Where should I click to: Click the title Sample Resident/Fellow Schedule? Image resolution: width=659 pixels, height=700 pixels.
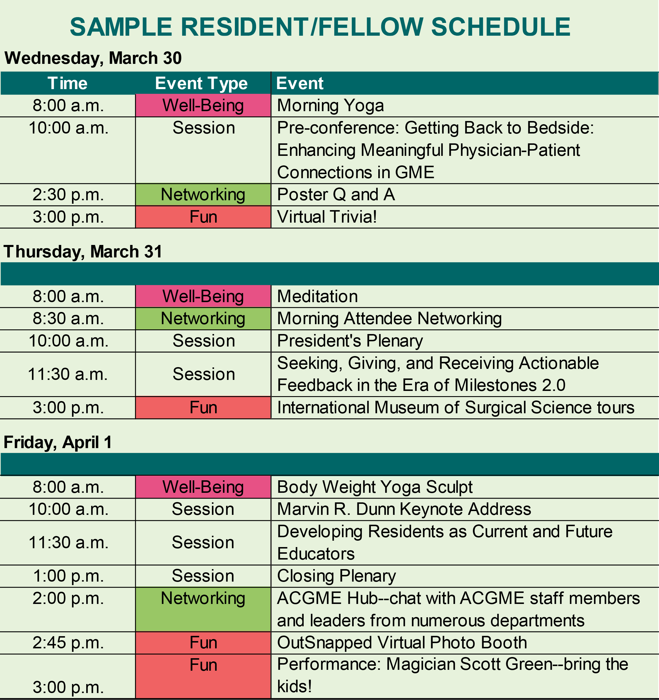tap(320, 27)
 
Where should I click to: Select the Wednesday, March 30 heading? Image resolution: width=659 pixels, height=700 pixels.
tap(93, 58)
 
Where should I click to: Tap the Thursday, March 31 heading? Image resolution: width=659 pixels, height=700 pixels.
tap(83, 251)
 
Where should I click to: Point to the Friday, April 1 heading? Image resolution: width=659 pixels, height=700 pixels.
tap(58, 442)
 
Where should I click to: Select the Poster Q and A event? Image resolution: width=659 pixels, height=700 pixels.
tap(336, 194)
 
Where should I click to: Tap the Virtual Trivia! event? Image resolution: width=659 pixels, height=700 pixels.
tap(327, 217)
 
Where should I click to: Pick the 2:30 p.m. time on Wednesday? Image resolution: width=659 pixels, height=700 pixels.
tap(68, 195)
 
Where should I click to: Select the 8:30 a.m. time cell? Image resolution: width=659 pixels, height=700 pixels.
tap(68, 318)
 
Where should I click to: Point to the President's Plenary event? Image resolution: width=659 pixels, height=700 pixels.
tap(350, 341)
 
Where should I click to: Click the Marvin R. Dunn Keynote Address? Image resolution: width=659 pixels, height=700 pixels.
tap(404, 509)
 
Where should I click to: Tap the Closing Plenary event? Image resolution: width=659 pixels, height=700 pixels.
tap(336, 576)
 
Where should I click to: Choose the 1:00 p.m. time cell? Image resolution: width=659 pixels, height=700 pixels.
tap(68, 576)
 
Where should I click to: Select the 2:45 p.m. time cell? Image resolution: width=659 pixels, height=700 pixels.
tap(68, 643)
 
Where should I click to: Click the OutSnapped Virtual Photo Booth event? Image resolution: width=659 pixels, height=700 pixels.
tap(402, 643)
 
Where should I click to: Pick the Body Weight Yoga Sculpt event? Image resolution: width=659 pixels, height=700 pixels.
tap(375, 487)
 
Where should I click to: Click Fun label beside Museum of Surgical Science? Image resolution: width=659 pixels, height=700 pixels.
tap(203, 408)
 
